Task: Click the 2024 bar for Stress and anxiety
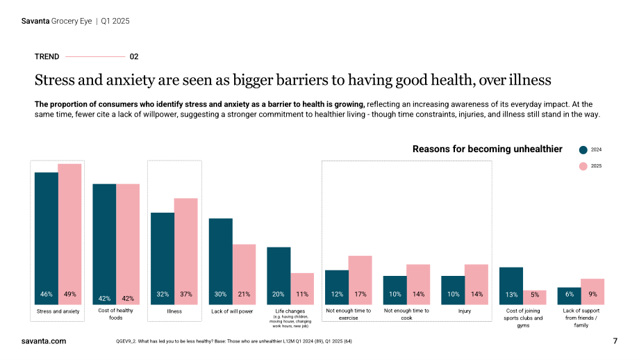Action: pyautogui.click(x=47, y=238)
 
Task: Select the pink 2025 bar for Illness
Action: pyautogui.click(x=186, y=251)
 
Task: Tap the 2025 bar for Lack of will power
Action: pyautogui.click(x=244, y=275)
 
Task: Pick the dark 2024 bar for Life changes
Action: pyautogui.click(x=279, y=276)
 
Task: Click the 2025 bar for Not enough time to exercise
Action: pyautogui.click(x=360, y=280)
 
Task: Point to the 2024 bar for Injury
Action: pyautogui.click(x=453, y=291)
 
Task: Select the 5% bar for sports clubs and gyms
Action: pyautogui.click(x=535, y=297)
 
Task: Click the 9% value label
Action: pyautogui.click(x=592, y=294)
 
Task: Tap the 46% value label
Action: pyautogui.click(x=47, y=294)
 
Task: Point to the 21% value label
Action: pyautogui.click(x=244, y=294)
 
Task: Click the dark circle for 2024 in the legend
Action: pyautogui.click(x=583, y=150)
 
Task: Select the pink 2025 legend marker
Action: pyautogui.click(x=583, y=166)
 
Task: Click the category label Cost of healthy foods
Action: pyautogui.click(x=116, y=314)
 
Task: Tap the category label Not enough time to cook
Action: pyautogui.click(x=406, y=314)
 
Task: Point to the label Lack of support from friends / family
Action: pyautogui.click(x=581, y=318)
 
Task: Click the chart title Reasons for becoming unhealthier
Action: pyautogui.click(x=488, y=149)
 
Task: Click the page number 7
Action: pyautogui.click(x=615, y=341)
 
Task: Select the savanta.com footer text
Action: pyautogui.click(x=44, y=341)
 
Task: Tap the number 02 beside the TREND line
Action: pyautogui.click(x=134, y=57)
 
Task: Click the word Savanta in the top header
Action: pyautogui.click(x=35, y=21)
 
